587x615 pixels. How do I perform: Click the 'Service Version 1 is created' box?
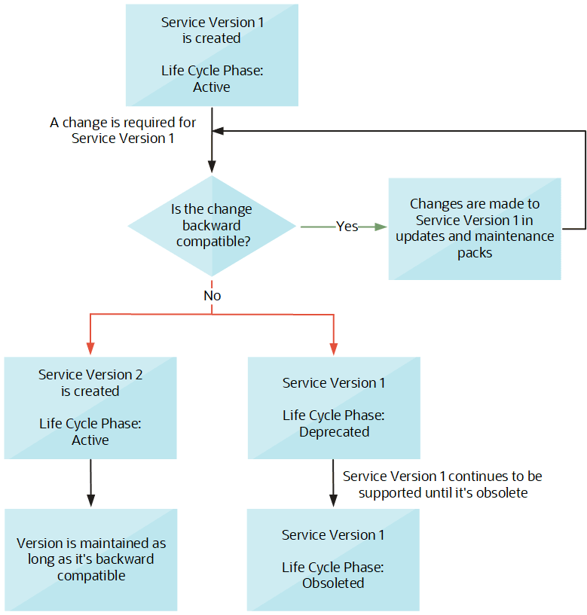click(x=212, y=54)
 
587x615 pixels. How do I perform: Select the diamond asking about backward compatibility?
click(x=212, y=226)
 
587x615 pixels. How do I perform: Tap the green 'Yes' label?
click(x=347, y=226)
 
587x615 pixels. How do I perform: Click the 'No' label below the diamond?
click(x=212, y=296)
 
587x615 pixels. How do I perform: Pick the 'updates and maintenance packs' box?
click(x=475, y=229)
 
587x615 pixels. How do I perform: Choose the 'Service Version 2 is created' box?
click(x=90, y=407)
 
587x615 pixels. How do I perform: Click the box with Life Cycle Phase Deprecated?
click(x=334, y=407)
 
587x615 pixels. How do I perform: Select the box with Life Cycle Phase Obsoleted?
click(x=334, y=559)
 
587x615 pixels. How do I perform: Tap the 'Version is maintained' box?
click(x=90, y=559)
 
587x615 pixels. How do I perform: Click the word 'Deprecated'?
click(x=334, y=432)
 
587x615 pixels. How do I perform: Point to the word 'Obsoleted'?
click(x=334, y=583)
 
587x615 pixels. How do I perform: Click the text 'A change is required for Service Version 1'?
click(x=123, y=130)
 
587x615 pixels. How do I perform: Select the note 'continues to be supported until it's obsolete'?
click(x=442, y=485)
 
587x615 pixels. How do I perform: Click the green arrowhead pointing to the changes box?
click(x=381, y=226)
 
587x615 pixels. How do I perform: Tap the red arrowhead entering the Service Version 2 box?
click(x=90, y=349)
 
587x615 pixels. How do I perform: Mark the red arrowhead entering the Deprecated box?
click(x=333, y=349)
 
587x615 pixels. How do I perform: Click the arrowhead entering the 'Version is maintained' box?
click(x=90, y=501)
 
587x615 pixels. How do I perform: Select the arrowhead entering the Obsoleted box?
click(x=333, y=501)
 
